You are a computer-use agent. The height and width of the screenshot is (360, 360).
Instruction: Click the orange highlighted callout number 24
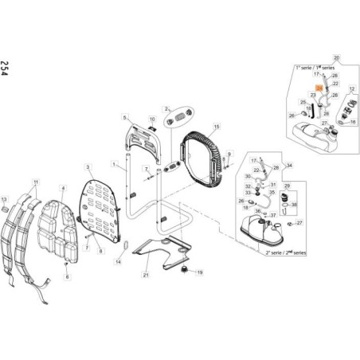(319, 89)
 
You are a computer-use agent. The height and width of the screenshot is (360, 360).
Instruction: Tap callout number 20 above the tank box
(336, 59)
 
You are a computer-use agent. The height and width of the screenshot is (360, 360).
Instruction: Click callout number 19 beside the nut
(200, 272)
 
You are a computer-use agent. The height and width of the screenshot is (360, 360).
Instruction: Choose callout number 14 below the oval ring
(117, 261)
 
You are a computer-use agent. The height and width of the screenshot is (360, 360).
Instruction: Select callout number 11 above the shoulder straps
(35, 184)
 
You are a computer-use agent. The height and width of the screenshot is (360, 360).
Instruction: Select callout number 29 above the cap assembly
(288, 185)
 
